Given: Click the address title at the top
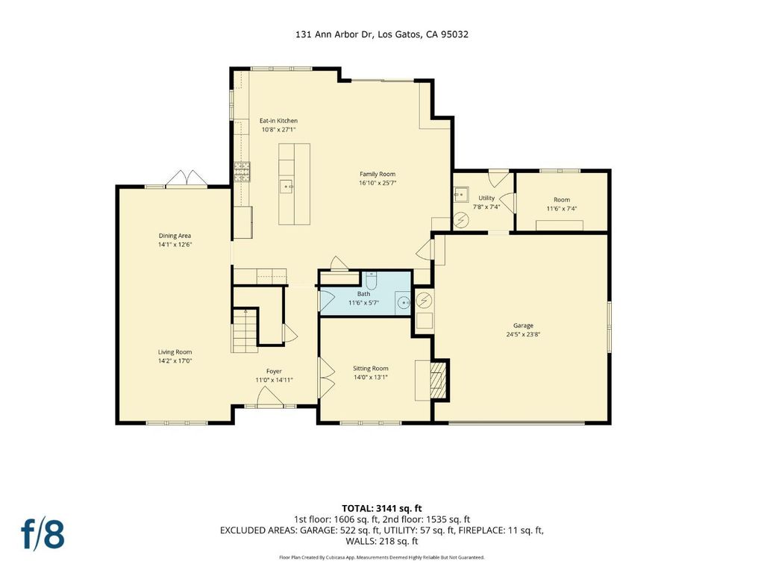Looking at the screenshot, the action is pyautogui.click(x=381, y=34).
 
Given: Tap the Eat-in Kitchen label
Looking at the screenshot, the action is pyautogui.click(x=278, y=121).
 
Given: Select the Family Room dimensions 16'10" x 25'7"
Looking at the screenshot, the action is pyautogui.click(x=377, y=184).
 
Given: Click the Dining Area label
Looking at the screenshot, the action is pyautogui.click(x=175, y=236).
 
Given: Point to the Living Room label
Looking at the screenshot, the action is pyautogui.click(x=175, y=352).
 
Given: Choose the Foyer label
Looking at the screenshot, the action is pyautogui.click(x=274, y=372).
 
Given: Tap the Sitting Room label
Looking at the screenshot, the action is pyautogui.click(x=370, y=369).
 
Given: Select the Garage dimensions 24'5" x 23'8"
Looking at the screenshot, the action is pyautogui.click(x=523, y=334).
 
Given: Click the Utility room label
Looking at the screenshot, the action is pyautogui.click(x=486, y=198).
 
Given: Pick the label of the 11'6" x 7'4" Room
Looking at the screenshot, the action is pyautogui.click(x=562, y=200).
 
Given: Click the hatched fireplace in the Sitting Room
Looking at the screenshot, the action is pyautogui.click(x=439, y=380).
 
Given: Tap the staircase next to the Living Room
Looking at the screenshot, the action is pyautogui.click(x=245, y=331).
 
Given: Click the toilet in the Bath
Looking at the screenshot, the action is pyautogui.click(x=372, y=280).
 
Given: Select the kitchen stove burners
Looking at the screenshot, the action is pyautogui.click(x=242, y=172).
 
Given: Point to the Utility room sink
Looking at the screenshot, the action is pyautogui.click(x=460, y=195).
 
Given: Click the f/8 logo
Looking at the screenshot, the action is pyautogui.click(x=43, y=534).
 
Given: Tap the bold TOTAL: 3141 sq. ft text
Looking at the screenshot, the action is pyautogui.click(x=381, y=509).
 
